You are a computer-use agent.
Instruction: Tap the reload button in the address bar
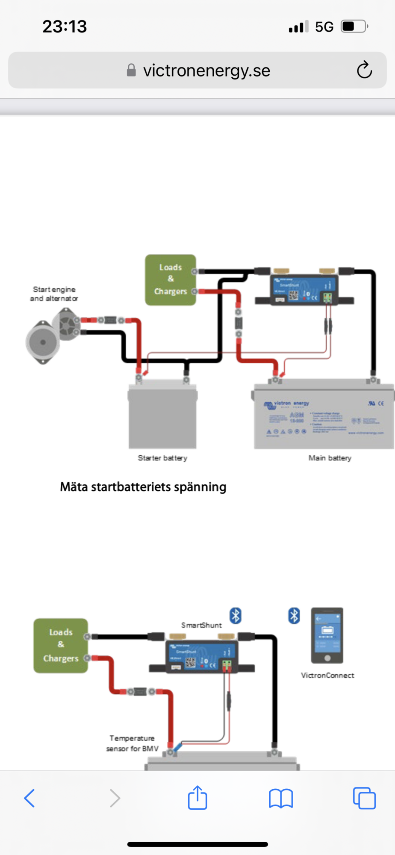click(x=364, y=70)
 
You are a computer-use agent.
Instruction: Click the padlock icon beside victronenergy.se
click(x=131, y=70)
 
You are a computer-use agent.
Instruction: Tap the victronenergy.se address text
click(x=206, y=71)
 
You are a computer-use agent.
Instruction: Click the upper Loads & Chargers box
click(x=171, y=280)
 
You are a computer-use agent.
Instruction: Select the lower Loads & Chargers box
click(x=61, y=646)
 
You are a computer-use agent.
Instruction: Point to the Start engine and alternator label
click(x=54, y=294)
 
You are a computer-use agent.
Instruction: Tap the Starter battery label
click(x=162, y=458)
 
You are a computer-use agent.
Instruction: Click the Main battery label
click(x=330, y=458)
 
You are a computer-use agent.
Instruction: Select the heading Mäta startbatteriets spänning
click(x=143, y=487)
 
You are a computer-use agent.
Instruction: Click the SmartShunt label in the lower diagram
click(x=201, y=625)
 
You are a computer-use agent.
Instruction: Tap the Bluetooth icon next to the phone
click(x=294, y=616)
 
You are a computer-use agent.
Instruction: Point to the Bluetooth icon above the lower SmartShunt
click(x=236, y=616)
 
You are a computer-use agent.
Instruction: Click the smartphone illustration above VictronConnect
click(x=327, y=635)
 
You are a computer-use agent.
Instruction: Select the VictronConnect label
click(x=327, y=675)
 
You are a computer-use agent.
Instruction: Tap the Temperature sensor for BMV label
click(x=132, y=743)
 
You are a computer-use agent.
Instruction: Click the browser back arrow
click(x=29, y=798)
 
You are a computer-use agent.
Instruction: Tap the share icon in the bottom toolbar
click(x=197, y=798)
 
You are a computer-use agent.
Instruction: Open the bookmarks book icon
click(x=281, y=798)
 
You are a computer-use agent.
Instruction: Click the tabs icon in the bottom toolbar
click(x=364, y=798)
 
